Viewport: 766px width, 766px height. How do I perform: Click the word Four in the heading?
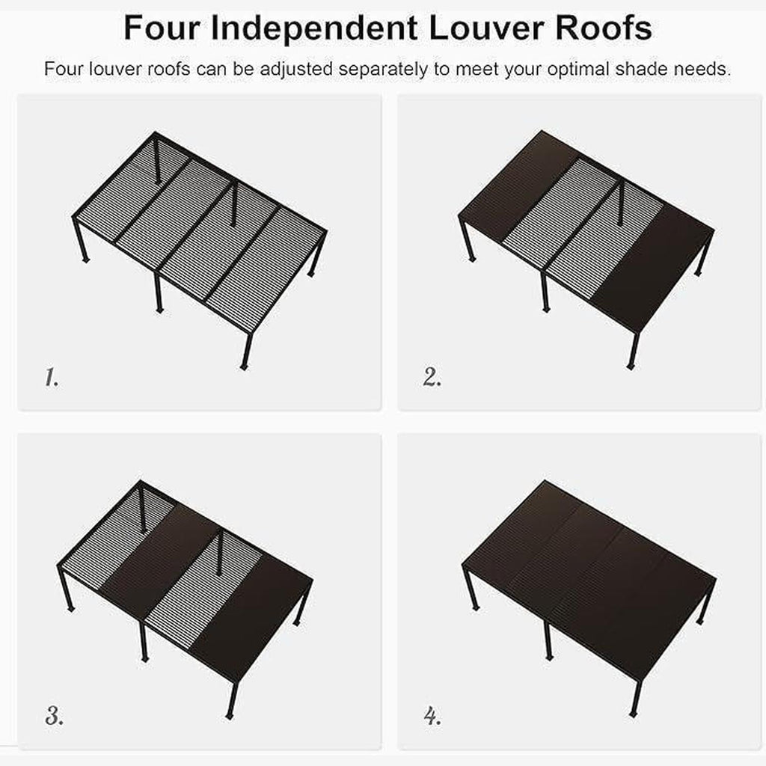162,28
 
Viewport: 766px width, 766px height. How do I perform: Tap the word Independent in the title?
314,29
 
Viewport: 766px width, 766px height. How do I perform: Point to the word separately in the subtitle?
382,70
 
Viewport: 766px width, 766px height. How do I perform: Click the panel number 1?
52,377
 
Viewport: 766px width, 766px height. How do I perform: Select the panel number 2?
432,377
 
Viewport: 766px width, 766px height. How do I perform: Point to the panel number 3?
54,716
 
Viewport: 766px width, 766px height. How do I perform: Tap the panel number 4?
432,716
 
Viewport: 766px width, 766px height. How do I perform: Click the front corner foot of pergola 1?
245,367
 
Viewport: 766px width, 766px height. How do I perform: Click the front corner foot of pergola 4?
633,714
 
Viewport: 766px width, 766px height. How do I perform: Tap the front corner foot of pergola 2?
631,366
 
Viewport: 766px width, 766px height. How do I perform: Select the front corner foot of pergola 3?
229,716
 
